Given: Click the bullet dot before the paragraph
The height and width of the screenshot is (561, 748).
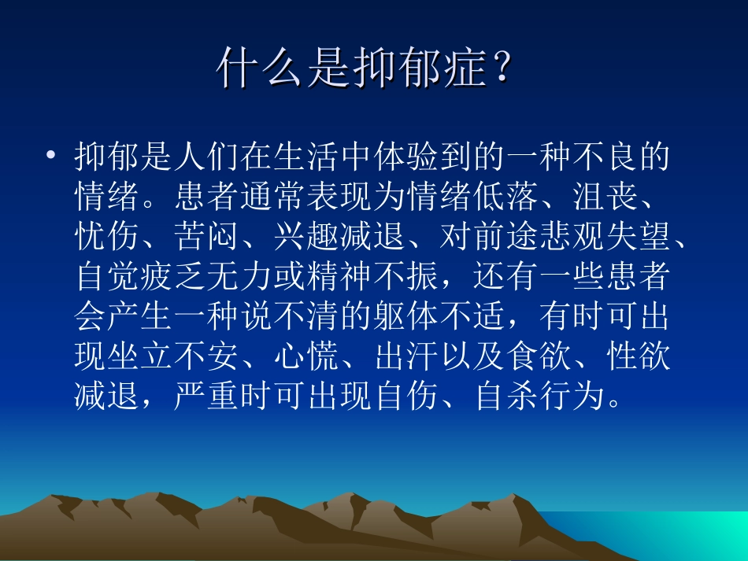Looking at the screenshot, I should pyautogui.click(x=51, y=157).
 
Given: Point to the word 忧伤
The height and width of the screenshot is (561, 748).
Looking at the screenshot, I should pyautogui.click(x=107, y=238).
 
